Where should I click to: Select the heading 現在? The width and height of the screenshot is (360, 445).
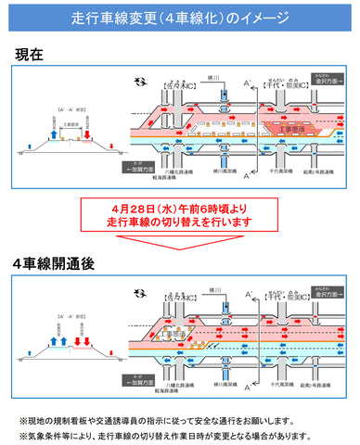point(29,55)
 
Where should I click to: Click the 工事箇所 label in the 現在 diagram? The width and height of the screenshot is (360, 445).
point(279,120)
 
